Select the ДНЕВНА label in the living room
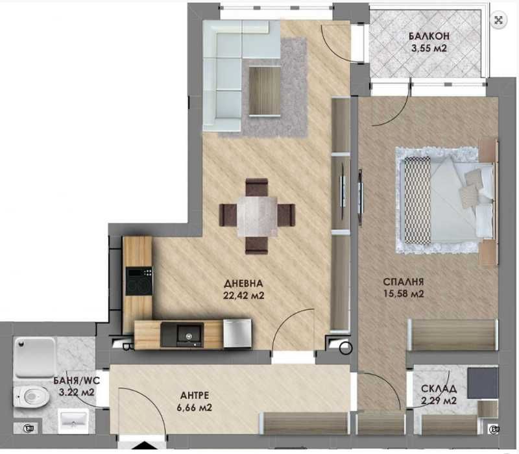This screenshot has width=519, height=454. pyautogui.click(x=243, y=284)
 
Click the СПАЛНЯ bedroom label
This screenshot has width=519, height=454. pyautogui.click(x=404, y=282)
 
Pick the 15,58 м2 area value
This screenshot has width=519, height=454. pyautogui.click(x=404, y=294)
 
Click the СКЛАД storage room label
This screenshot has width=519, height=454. pyautogui.click(x=439, y=389)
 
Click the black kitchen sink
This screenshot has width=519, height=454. pyautogui.click(x=189, y=334)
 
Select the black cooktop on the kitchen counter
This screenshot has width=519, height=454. pyautogui.click(x=138, y=282)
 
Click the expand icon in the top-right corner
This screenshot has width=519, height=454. pyautogui.click(x=498, y=20)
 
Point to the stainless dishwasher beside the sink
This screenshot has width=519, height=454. pyautogui.click(x=236, y=333)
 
